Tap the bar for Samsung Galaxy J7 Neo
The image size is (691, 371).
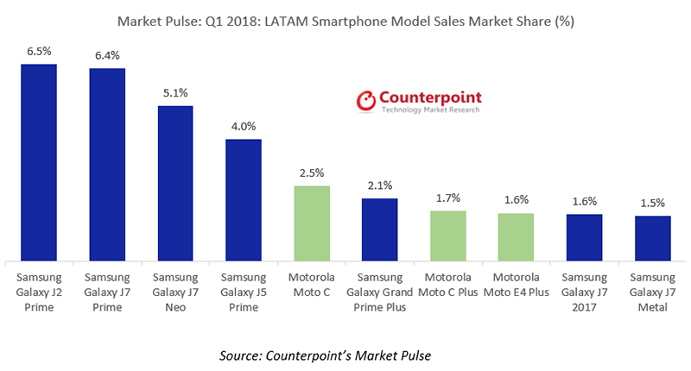175,183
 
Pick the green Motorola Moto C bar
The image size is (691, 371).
312,223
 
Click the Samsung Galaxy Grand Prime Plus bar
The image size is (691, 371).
379,230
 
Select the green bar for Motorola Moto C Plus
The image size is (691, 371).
447,236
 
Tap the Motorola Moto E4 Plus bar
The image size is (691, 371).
516,237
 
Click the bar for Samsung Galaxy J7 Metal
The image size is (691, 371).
652,238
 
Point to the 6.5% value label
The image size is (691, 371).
39,52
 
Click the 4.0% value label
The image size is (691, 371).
244,126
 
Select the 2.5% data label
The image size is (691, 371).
312,173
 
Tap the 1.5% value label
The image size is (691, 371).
652,203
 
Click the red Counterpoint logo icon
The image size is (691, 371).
367,101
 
